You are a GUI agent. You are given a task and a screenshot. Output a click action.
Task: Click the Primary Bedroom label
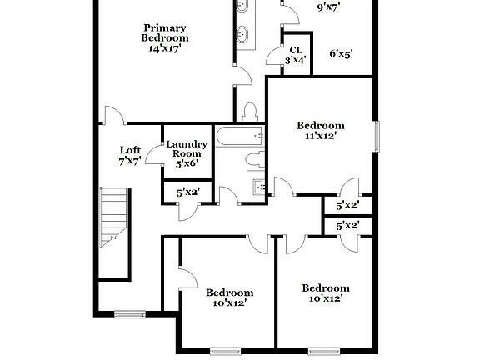(x=164, y=32)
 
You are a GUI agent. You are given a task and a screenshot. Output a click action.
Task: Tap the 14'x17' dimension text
(x=164, y=48)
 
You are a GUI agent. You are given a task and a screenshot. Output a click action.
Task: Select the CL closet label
(x=296, y=50)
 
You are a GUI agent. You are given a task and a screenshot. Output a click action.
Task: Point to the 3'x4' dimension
(x=296, y=60)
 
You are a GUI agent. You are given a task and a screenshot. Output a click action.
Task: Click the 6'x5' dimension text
(x=341, y=54)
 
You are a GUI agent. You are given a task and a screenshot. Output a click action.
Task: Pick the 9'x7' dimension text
(x=329, y=7)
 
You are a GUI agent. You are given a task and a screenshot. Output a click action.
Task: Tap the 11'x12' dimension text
(x=321, y=136)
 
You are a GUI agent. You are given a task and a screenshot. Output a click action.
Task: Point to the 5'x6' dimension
(x=187, y=163)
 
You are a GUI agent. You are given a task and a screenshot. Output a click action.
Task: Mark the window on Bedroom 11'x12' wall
(x=376, y=136)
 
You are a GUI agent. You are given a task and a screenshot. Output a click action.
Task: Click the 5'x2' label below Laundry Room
(x=187, y=192)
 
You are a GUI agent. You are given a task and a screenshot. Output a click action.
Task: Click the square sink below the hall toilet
(x=257, y=187)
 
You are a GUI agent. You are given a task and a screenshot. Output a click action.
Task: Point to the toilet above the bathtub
(x=249, y=112)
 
